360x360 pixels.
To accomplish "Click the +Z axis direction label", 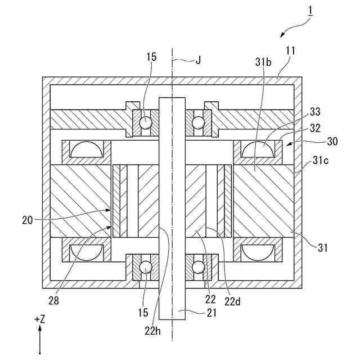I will point(39,318).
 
